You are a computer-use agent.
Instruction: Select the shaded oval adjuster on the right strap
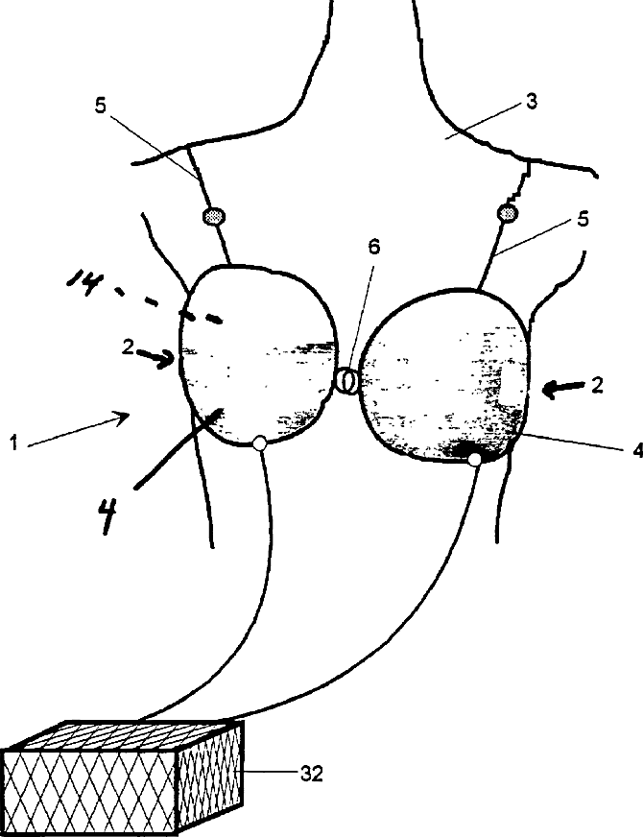(x=508, y=212)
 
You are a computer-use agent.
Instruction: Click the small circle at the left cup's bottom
(x=259, y=442)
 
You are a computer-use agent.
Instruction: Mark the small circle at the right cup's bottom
(x=474, y=462)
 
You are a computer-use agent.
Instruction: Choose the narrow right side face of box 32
(x=211, y=777)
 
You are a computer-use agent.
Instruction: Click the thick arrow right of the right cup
(x=566, y=388)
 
